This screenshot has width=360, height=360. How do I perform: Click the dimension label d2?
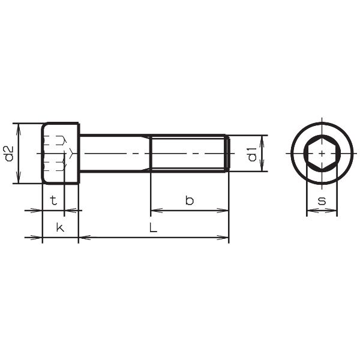click(x=9, y=154)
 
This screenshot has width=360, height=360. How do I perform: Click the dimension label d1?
click(x=253, y=154)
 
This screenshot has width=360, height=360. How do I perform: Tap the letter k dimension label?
click(x=59, y=227)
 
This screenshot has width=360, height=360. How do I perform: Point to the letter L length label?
click(x=153, y=228)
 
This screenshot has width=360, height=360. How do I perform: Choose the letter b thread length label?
click(x=189, y=200)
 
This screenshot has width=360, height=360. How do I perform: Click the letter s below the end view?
click(x=322, y=200)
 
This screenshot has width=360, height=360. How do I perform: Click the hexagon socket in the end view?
click(x=322, y=154)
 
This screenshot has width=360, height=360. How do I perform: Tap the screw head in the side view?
click(x=61, y=154)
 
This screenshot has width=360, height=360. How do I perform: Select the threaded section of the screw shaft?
click(x=187, y=154)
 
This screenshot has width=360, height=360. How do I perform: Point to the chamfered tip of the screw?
click(x=227, y=154)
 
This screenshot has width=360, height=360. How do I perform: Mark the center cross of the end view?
click(x=322, y=154)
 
